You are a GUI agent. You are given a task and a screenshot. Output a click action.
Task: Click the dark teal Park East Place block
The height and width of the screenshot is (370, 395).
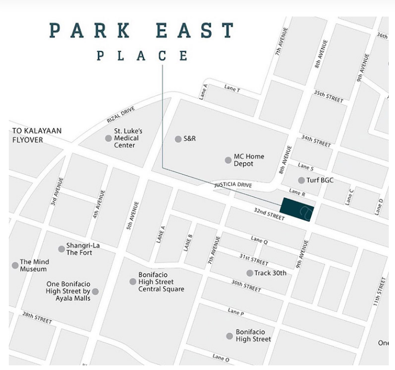[x=297, y=209]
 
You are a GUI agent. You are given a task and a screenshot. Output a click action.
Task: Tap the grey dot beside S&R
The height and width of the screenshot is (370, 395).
[x=178, y=139]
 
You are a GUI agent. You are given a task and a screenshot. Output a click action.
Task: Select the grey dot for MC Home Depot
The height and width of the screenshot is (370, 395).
[x=228, y=160]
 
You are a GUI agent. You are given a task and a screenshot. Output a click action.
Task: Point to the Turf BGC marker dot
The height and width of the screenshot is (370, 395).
[x=302, y=180]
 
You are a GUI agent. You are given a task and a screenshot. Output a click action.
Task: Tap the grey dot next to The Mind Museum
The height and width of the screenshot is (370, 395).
[x=15, y=266]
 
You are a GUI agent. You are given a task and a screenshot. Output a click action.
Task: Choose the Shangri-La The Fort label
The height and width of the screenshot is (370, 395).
[x=83, y=249]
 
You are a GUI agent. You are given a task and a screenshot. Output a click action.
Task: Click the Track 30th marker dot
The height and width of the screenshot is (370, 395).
[x=250, y=273]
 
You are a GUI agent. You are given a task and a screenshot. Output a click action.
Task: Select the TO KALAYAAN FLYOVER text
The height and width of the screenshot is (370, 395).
[x=36, y=135]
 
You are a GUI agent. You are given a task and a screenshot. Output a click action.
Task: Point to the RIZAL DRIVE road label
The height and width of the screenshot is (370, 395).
[x=120, y=114]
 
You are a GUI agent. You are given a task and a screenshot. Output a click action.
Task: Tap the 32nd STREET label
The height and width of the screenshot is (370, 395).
[x=269, y=214]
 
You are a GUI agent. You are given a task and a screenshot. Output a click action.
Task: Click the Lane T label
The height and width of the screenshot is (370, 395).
[x=232, y=88]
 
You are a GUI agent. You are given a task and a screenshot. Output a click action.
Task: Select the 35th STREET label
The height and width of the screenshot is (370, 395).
[x=329, y=96]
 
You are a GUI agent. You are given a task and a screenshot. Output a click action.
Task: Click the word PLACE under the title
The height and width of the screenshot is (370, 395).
[x=143, y=55]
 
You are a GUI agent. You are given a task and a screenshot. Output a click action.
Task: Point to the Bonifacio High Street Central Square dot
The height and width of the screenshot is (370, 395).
[x=133, y=282]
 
